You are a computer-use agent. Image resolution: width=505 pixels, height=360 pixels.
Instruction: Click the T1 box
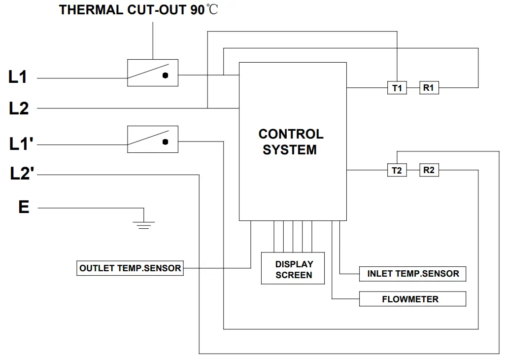click(x=397, y=88)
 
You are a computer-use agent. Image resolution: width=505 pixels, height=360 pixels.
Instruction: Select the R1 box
click(x=429, y=88)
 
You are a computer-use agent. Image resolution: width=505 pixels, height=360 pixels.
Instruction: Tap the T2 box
click(x=397, y=170)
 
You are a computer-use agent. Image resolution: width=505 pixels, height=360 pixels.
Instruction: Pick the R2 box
click(x=429, y=170)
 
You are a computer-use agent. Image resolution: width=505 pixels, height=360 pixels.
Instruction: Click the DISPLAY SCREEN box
click(x=293, y=269)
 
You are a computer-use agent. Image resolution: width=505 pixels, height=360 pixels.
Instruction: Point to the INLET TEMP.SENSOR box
click(x=412, y=274)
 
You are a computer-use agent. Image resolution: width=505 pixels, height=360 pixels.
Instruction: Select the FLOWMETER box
click(x=412, y=299)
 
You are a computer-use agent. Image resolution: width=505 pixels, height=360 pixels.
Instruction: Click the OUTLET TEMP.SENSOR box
click(x=130, y=268)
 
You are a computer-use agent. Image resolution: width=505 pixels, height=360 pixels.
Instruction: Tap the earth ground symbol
click(x=143, y=224)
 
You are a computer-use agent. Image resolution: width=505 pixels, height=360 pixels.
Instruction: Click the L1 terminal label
click(x=18, y=77)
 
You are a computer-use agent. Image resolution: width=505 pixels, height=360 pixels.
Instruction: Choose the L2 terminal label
click(x=19, y=108)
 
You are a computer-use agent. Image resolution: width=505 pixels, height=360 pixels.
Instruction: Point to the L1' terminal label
click(x=20, y=144)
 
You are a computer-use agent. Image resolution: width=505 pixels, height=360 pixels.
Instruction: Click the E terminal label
click(x=24, y=207)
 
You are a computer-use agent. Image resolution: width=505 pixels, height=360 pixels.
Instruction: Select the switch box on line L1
click(x=153, y=73)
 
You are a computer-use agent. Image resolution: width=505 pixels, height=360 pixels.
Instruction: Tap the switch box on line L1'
click(x=153, y=139)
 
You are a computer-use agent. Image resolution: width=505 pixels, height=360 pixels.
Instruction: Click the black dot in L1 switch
click(x=166, y=75)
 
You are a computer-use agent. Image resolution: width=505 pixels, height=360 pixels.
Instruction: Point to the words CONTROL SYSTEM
click(x=291, y=142)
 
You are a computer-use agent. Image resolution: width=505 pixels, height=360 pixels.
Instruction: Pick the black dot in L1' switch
click(x=166, y=142)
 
